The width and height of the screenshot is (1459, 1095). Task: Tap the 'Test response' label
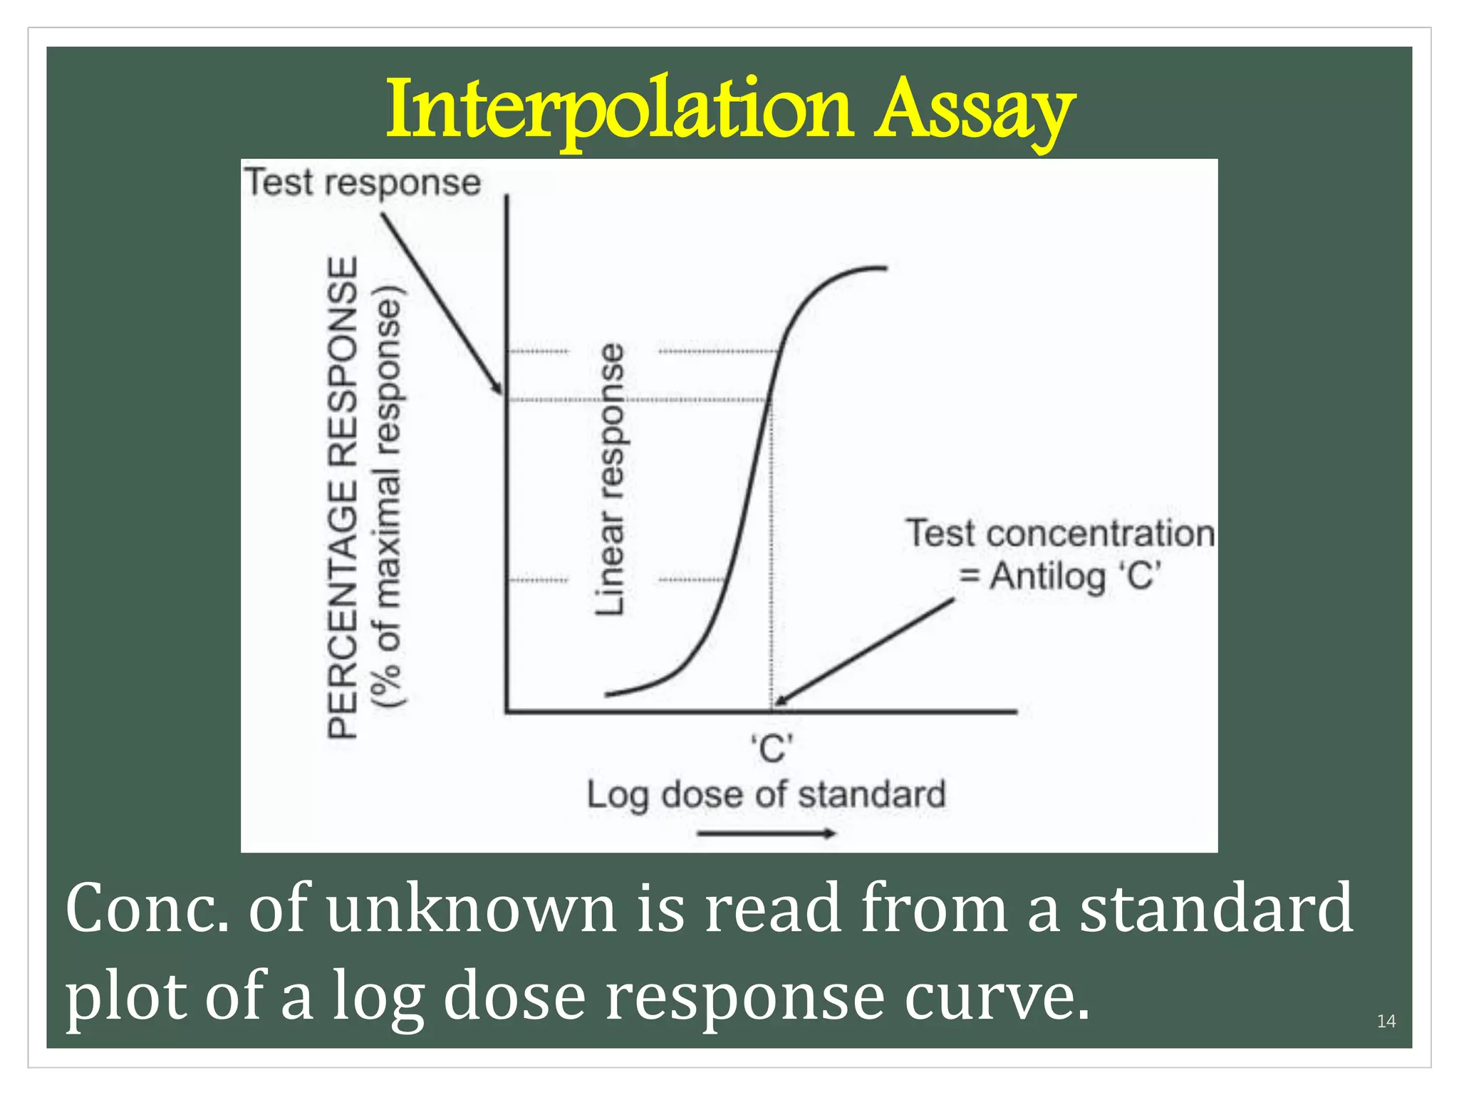[363, 182]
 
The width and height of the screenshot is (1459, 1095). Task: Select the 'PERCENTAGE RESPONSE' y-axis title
[342, 497]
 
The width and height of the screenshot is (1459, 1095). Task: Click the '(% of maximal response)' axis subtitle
[389, 497]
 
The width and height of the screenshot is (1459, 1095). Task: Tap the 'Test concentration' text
[1059, 533]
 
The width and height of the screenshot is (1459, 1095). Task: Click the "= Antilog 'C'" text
[1059, 576]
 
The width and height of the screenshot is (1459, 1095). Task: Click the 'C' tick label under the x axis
[772, 749]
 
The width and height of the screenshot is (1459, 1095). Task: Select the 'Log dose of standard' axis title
[766, 794]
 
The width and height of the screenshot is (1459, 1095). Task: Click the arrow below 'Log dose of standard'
[766, 833]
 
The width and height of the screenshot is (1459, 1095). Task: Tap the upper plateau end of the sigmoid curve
[883, 268]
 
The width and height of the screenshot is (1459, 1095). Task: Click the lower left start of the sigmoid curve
[608, 694]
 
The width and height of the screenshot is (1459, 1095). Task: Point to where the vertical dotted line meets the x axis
[771, 711]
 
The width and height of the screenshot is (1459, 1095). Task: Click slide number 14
[1386, 1022]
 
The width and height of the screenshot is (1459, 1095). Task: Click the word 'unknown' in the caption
[471, 909]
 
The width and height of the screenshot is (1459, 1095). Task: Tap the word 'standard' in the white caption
[1215, 909]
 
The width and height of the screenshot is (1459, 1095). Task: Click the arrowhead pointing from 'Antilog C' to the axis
[779, 702]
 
